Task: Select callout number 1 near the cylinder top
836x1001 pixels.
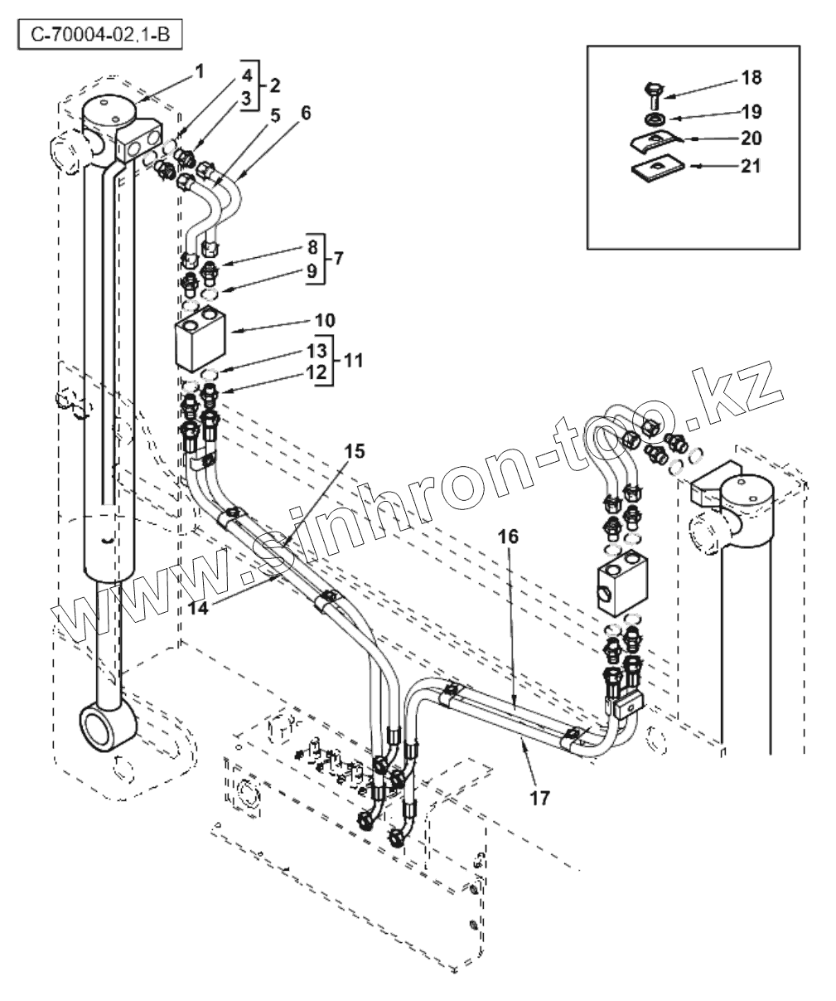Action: [198, 72]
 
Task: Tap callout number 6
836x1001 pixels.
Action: [306, 113]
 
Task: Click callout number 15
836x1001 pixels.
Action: [355, 451]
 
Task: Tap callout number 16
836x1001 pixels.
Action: [508, 537]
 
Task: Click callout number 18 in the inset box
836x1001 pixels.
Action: [751, 78]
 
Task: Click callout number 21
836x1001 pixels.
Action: [751, 166]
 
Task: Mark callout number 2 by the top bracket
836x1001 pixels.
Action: [273, 85]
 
